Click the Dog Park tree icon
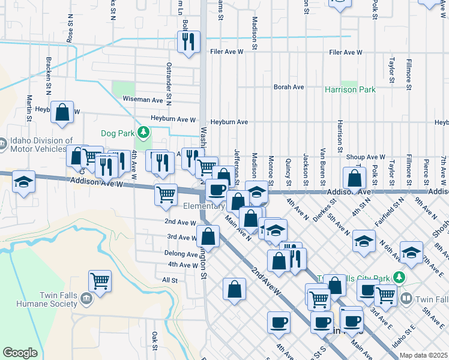(143, 131)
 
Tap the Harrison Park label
(350, 89)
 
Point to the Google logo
(20, 353)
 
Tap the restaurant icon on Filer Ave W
(188, 41)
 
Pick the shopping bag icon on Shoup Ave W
(355, 178)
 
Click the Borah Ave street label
(289, 87)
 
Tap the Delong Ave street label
(181, 254)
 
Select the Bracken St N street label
(47, 76)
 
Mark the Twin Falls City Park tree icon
(398, 277)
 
